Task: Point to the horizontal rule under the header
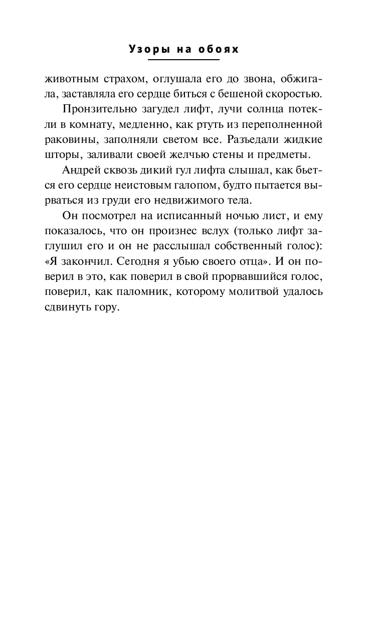click(x=183, y=60)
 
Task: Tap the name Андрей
click(x=82, y=172)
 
